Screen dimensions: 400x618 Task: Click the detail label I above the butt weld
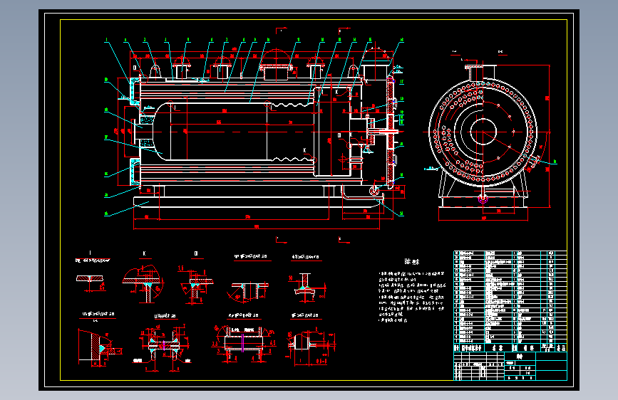[90, 253]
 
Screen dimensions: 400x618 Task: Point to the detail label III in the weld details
[196, 253]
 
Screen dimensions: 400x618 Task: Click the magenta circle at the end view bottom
[483, 199]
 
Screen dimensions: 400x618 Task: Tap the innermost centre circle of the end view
[483, 130]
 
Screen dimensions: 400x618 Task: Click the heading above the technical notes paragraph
[409, 261]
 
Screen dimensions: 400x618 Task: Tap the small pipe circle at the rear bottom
[374, 190]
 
